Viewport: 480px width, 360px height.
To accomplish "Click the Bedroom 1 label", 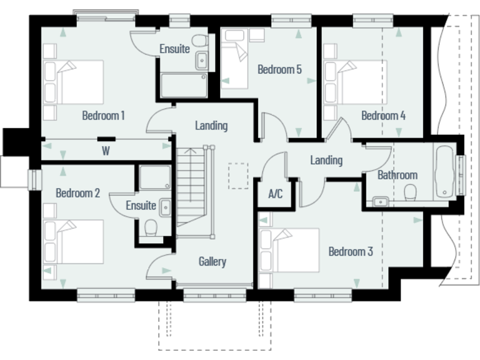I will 103,116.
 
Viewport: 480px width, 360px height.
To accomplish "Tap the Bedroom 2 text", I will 77,193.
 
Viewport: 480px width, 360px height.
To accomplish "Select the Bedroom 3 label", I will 351,252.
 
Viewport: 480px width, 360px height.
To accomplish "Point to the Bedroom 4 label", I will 383,116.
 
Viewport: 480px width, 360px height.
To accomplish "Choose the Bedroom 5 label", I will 279,69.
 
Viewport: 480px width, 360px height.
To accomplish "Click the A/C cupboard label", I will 275,194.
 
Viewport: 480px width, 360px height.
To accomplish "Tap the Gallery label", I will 212,262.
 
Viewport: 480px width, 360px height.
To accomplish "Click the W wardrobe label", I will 106,151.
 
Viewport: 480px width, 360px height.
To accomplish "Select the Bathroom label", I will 397,175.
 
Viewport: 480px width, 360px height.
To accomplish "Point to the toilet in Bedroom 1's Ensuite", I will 200,41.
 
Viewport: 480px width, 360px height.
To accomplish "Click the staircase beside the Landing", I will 191,187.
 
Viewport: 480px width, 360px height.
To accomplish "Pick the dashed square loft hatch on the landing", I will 238,176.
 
